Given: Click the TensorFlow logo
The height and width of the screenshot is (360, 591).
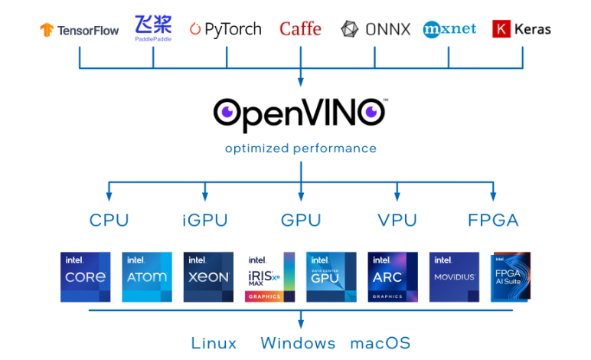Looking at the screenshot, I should click(80, 31).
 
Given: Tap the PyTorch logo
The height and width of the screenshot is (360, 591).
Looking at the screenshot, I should click(226, 30).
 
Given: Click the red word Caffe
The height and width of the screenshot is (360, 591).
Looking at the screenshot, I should click(300, 30).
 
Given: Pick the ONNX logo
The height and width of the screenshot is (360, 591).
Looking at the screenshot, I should click(375, 30).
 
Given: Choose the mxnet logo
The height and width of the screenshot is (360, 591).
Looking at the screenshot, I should click(449, 29).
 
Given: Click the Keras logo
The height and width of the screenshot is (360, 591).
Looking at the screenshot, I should click(521, 30).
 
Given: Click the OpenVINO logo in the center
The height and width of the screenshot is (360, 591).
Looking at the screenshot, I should click(300, 113).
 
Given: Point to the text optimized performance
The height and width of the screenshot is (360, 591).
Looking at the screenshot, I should click(300, 148).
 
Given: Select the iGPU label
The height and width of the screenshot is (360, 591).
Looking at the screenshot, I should click(205, 221).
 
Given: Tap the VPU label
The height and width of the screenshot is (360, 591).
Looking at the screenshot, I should click(397, 221).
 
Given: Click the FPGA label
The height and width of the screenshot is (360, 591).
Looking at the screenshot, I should click(493, 221).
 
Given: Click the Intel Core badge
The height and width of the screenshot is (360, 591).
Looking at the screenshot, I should click(85, 277).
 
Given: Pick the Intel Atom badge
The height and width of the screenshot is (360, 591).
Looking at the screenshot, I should click(147, 277).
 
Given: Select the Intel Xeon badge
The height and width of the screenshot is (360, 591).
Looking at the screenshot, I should click(208, 277).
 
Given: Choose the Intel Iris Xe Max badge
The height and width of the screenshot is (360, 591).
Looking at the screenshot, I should click(269, 277).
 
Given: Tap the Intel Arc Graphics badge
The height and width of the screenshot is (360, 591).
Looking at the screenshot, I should click(393, 277).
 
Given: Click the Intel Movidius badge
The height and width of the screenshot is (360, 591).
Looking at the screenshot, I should click(454, 277).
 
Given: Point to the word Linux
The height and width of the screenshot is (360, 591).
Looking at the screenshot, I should click(214, 342).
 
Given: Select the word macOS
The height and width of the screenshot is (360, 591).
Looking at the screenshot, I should click(380, 342).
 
